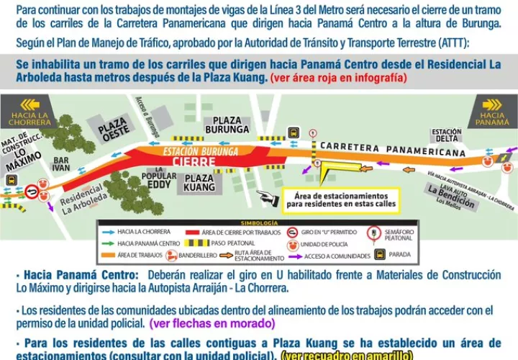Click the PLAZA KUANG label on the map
[x=199, y=182]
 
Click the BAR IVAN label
[x=62, y=163]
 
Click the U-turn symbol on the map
[x=31, y=192]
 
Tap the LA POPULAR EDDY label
[x=158, y=180]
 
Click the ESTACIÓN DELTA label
[x=446, y=135]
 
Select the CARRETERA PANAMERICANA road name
[x=392, y=148]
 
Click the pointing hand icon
[x=268, y=197]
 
